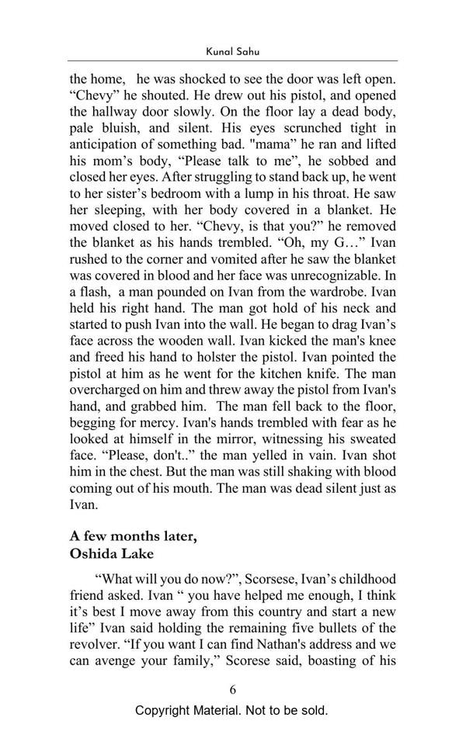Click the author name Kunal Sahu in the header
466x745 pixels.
232,50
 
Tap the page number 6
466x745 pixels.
232,689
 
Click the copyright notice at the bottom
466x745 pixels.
232,711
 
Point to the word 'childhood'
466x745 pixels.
365,579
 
